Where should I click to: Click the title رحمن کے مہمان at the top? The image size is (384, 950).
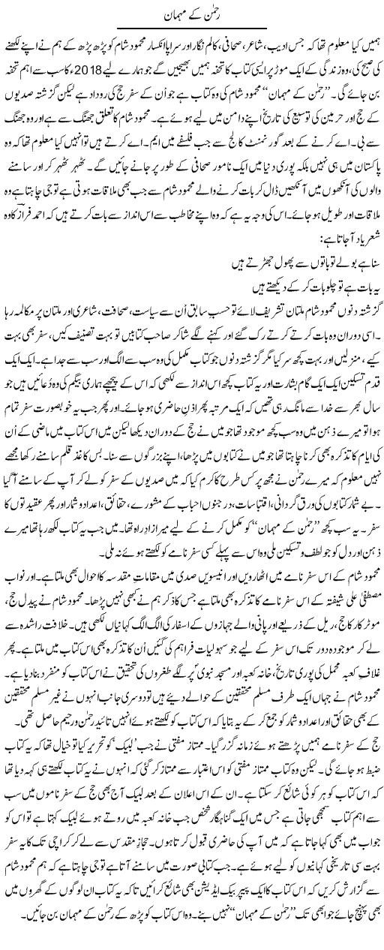click(191, 14)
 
